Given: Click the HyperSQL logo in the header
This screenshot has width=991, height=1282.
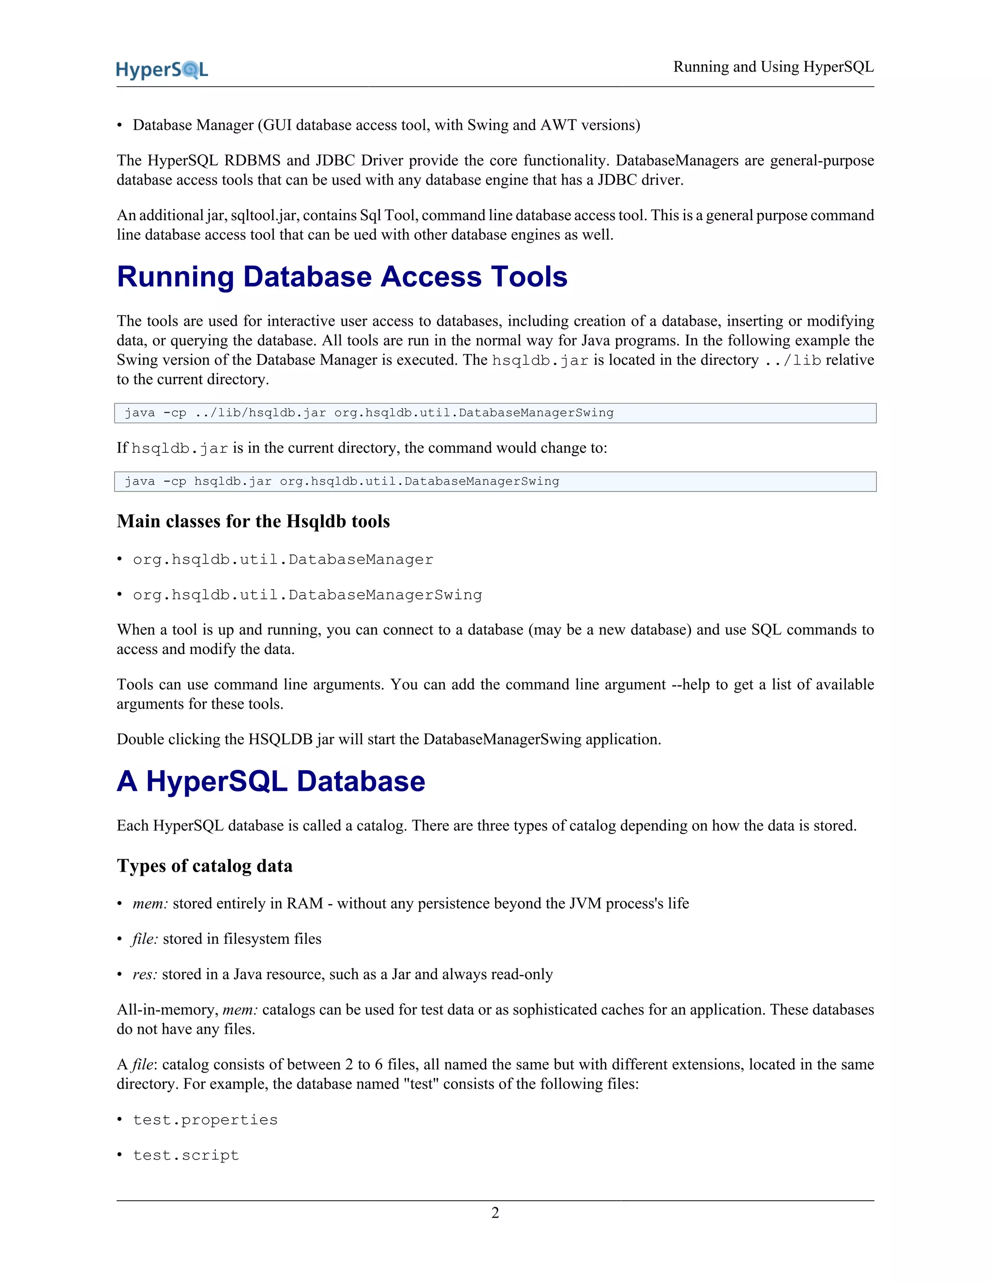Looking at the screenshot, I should (162, 70).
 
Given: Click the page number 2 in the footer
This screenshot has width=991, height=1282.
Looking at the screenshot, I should (495, 1212).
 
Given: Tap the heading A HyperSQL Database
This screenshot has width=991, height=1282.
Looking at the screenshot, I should (270, 781).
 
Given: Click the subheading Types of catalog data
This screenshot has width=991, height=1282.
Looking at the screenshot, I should (204, 866).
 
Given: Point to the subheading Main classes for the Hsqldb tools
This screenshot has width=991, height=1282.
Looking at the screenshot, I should (253, 521).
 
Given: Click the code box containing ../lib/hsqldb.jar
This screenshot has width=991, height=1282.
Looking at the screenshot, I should (495, 413).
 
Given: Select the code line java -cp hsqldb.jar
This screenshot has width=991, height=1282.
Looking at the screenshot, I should (342, 481).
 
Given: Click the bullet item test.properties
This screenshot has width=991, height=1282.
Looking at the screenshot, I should (205, 1120).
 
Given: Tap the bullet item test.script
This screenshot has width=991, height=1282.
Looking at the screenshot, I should (185, 1155).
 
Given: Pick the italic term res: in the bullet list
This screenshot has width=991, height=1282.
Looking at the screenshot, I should (144, 974).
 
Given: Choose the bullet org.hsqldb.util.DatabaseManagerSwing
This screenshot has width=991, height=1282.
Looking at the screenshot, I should (307, 595).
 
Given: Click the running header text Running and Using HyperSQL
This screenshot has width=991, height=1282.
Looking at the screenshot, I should (773, 67).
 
